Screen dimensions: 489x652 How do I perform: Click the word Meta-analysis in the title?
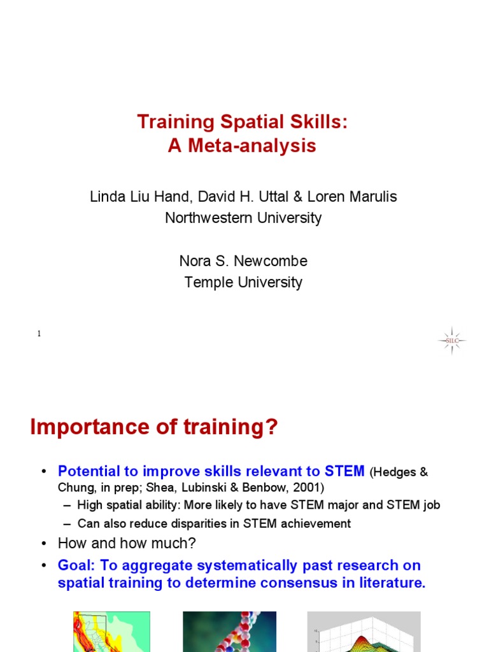click(252, 146)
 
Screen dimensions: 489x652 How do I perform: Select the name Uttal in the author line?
click(274, 196)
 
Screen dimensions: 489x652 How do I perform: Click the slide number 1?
click(39, 334)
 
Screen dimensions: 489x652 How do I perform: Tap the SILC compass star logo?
click(452, 341)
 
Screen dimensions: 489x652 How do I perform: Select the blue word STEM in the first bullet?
click(344, 471)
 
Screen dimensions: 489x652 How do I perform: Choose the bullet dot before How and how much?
click(44, 544)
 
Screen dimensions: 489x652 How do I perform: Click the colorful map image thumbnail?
click(111, 632)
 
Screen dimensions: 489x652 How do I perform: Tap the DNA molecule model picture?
click(229, 632)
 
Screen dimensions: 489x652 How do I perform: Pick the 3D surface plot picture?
click(364, 632)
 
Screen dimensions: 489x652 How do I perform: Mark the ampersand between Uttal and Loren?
click(298, 197)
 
